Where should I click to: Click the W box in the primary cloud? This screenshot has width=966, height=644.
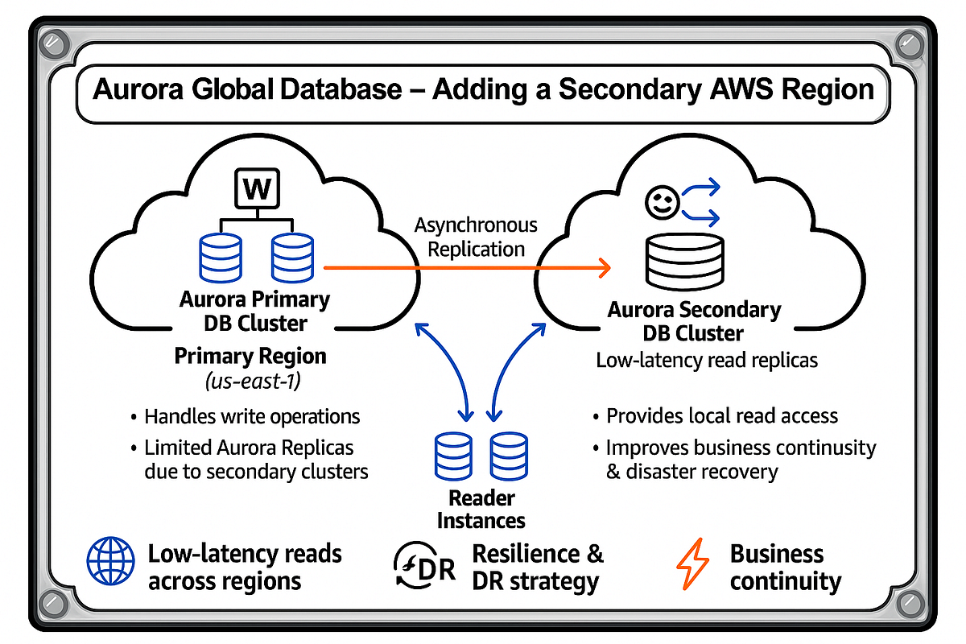[257, 191]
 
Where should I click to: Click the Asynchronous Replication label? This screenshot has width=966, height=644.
[476, 237]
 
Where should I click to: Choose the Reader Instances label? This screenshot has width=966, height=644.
[481, 509]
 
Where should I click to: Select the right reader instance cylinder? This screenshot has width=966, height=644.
[509, 457]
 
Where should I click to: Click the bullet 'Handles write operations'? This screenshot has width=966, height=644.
[251, 417]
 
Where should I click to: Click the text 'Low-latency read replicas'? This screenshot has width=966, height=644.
[707, 360]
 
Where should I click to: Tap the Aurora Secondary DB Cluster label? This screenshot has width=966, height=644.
[694, 321]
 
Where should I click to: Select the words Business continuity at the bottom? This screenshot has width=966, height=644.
[785, 567]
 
